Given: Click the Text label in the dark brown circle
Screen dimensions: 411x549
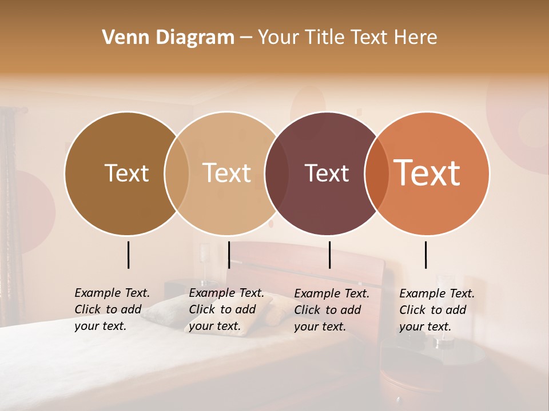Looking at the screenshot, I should pos(126,173).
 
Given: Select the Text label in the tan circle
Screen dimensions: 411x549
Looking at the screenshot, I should pos(226,173).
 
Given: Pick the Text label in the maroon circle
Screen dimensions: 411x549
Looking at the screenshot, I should pos(327,173).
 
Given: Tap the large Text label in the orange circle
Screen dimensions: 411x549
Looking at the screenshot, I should pos(427,172).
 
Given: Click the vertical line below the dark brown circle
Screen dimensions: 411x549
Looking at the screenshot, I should pos(128,255).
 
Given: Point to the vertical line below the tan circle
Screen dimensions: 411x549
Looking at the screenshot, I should pos(229,255).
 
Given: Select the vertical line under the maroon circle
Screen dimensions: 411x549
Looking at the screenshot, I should pos(329,255).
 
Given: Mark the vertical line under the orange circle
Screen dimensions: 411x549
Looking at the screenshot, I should pos(426,255).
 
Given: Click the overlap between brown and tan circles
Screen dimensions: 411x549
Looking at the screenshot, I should pos(177,174).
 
